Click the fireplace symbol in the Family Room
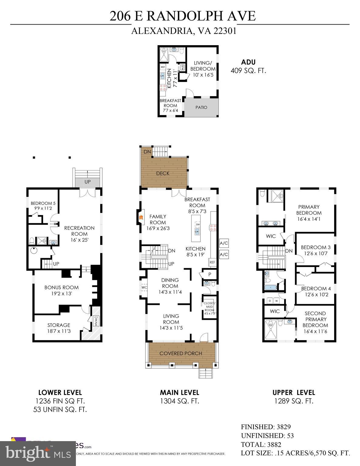click(x=141, y=217)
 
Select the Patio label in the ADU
click(x=201, y=107)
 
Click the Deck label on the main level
click(x=163, y=173)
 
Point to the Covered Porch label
click(x=181, y=353)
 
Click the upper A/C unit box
click(x=224, y=243)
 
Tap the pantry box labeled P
click(x=209, y=274)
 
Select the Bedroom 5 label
click(x=43, y=203)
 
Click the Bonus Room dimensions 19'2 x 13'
click(x=62, y=293)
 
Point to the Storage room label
click(x=59, y=325)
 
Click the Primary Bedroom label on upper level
click(x=309, y=210)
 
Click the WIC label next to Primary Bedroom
click(x=270, y=236)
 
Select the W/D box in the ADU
click(x=183, y=67)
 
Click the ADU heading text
click(x=248, y=62)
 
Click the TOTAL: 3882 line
click(x=261, y=444)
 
